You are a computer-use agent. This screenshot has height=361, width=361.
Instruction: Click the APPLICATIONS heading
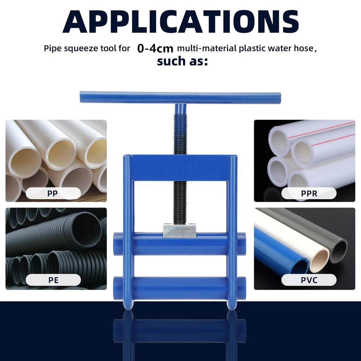(x=180, y=22)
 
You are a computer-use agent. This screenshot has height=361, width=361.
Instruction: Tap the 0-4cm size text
(x=155, y=48)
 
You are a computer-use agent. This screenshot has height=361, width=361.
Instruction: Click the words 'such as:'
(x=182, y=61)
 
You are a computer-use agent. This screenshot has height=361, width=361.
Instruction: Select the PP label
(x=53, y=194)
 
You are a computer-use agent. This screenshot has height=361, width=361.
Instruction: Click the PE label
(x=54, y=280)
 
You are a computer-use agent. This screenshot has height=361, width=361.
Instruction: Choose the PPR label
(x=309, y=194)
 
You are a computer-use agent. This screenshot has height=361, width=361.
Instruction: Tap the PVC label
(x=309, y=280)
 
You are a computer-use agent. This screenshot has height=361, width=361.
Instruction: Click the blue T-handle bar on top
(x=180, y=98)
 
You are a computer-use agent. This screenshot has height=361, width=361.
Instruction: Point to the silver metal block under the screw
(x=179, y=230)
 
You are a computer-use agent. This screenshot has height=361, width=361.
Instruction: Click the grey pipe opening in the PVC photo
(x=338, y=251)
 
